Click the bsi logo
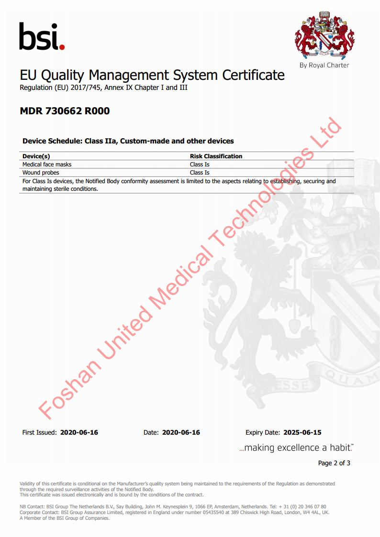(x=42, y=37)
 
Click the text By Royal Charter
(x=324, y=65)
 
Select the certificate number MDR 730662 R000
(x=65, y=111)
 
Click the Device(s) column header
(x=36, y=156)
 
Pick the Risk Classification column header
(x=216, y=156)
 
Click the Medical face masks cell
(x=47, y=164)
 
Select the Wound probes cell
(x=41, y=172)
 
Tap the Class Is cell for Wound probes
(x=200, y=172)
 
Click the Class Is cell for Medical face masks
(x=200, y=164)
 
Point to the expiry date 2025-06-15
(x=302, y=432)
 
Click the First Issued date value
(x=79, y=432)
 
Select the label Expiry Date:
(x=263, y=432)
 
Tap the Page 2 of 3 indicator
(x=334, y=463)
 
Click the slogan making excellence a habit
(x=296, y=448)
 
